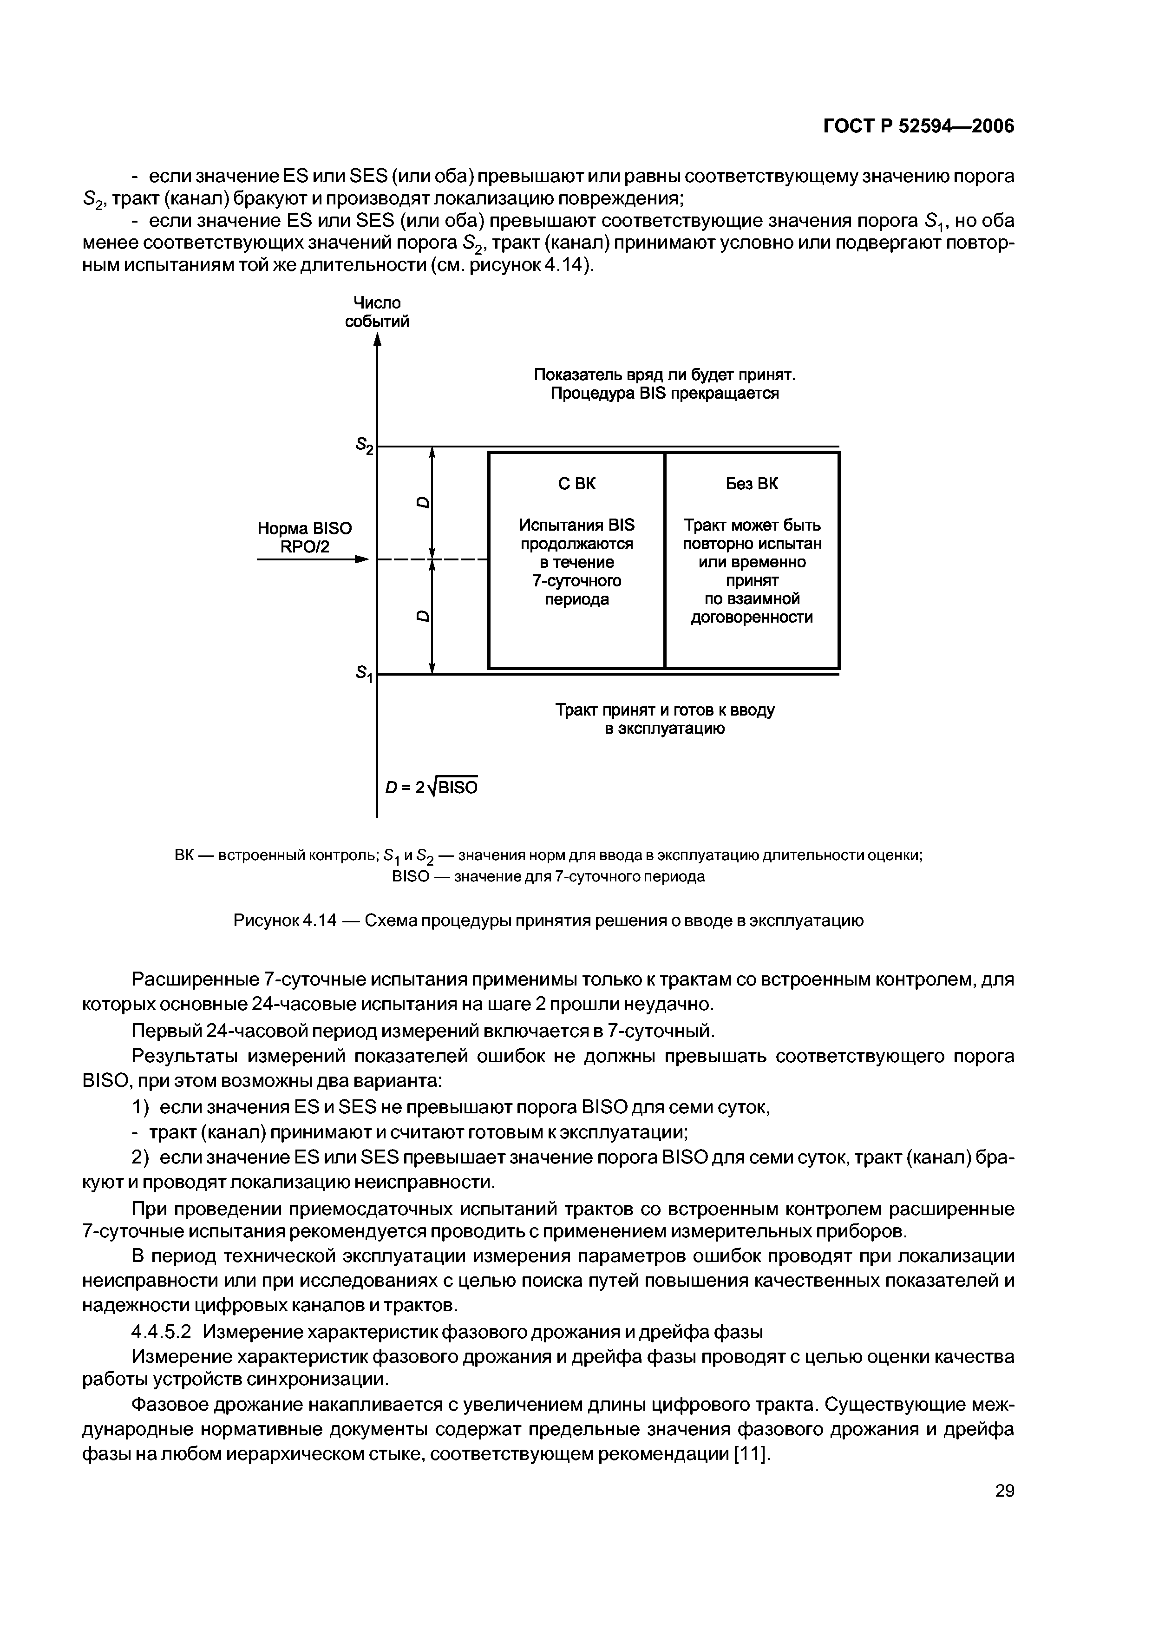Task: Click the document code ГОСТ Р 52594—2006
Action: click(918, 126)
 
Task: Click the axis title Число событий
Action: click(377, 312)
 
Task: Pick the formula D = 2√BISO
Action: click(431, 787)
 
